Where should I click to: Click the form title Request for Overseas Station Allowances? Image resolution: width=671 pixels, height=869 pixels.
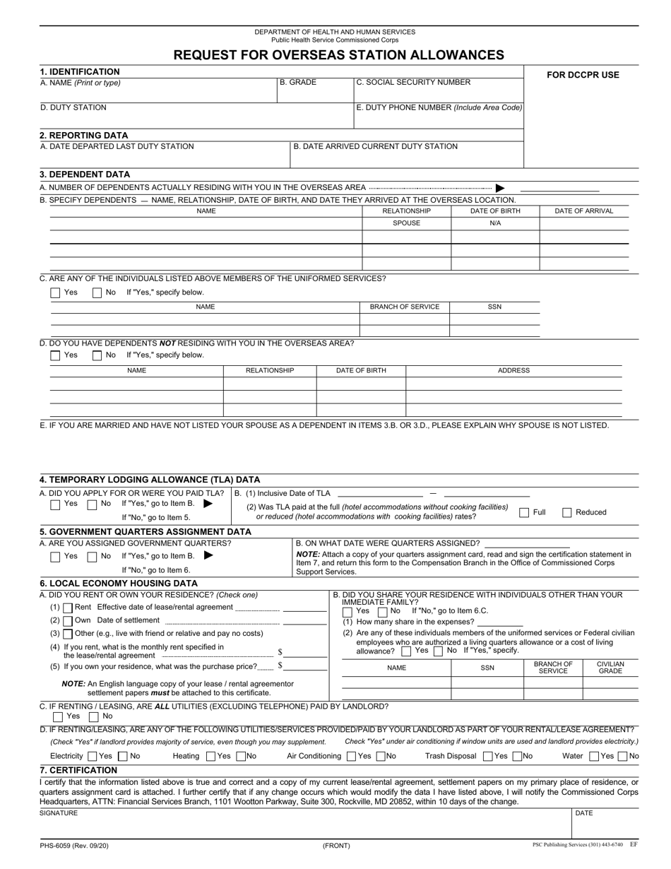(339, 54)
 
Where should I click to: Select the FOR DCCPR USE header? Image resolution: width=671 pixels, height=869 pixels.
(583, 75)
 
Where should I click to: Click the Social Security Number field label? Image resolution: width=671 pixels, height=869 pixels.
(413, 83)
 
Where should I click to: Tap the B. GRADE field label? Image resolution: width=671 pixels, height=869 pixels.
(298, 83)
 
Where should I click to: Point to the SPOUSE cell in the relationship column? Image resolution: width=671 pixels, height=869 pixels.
(406, 223)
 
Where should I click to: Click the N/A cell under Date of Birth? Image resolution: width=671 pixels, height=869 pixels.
(495, 223)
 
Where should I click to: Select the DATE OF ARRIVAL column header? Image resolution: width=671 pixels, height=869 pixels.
(583, 211)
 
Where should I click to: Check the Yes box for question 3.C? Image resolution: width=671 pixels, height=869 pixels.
(56, 292)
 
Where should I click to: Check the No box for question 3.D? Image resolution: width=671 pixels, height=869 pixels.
(97, 355)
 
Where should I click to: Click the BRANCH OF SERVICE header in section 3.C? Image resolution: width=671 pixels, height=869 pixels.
(405, 307)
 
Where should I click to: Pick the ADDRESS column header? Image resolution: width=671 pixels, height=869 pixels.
(513, 370)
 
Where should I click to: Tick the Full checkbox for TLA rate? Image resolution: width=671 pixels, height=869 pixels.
(525, 512)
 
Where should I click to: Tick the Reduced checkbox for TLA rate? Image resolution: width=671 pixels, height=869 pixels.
(567, 512)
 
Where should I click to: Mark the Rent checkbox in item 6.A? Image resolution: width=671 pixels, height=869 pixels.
(68, 608)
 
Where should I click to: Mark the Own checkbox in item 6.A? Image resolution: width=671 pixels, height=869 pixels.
(68, 620)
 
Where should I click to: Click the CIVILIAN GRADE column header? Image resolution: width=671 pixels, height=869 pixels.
(610, 668)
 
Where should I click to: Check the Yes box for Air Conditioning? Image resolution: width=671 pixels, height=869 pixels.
(352, 756)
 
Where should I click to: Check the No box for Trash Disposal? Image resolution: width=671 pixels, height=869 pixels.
(518, 756)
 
